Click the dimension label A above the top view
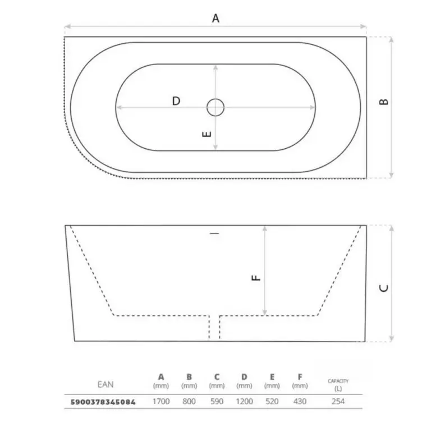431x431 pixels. [x=215, y=19]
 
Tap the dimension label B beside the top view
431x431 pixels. [x=384, y=102]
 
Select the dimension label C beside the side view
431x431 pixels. [x=384, y=288]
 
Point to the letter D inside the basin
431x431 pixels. [x=176, y=101]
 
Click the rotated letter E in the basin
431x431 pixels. [x=207, y=134]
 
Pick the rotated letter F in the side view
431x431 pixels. [x=256, y=278]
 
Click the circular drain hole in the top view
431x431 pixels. [x=215, y=107]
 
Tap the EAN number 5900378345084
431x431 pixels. [x=103, y=402]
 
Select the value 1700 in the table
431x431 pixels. [x=161, y=402]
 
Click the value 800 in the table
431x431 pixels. [x=189, y=402]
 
